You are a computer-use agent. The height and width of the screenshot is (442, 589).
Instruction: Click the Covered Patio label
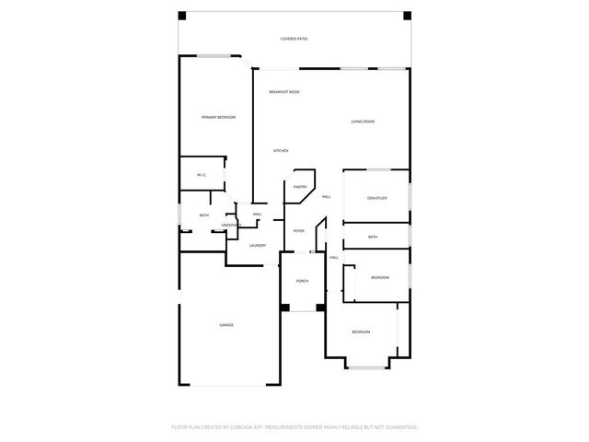[x=294, y=39]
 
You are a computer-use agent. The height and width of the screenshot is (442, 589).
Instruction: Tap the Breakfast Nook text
[x=283, y=92]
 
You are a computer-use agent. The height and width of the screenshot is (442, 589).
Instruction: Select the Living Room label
[x=362, y=122]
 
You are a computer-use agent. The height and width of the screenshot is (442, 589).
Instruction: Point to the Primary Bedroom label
[x=219, y=117]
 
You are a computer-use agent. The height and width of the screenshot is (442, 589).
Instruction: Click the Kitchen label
[x=281, y=150]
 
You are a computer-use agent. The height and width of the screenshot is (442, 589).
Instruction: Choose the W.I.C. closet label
[x=201, y=175]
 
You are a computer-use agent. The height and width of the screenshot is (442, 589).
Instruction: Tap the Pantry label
[x=300, y=187]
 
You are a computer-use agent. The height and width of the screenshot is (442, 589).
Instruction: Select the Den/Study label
[x=375, y=198]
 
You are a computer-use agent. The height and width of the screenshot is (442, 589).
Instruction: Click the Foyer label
[x=299, y=230]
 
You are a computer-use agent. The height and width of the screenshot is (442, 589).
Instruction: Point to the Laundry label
[x=258, y=245]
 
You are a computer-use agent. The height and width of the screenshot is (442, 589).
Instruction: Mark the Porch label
[x=302, y=281]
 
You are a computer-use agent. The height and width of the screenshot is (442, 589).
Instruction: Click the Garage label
[x=226, y=325]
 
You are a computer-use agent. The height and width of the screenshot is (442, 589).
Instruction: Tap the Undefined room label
[x=231, y=225]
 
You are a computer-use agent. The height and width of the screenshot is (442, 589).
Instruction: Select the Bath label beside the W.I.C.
[x=203, y=215]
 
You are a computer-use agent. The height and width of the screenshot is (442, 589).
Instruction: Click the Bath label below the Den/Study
[x=373, y=237]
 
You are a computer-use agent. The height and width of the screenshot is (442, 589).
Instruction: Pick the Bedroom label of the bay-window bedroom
[x=361, y=331]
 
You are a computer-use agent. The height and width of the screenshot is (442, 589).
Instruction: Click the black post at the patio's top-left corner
[x=182, y=16]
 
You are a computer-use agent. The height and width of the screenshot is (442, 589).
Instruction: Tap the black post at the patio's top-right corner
[x=405, y=16]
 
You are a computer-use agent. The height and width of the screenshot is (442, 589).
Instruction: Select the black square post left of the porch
[x=285, y=308]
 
